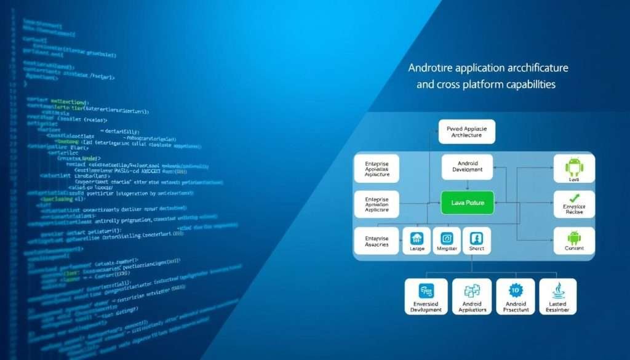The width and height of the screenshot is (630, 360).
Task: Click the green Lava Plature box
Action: point(468,202)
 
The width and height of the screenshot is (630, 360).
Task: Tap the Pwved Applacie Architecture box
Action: point(466,131)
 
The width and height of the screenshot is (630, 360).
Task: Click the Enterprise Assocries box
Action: point(377,241)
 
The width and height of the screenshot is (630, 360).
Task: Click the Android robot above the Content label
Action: point(574,236)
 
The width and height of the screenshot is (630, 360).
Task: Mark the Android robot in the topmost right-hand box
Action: point(574,164)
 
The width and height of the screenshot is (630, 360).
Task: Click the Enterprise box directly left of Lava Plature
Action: point(377,205)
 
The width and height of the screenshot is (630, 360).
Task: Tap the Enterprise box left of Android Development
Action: point(377,168)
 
